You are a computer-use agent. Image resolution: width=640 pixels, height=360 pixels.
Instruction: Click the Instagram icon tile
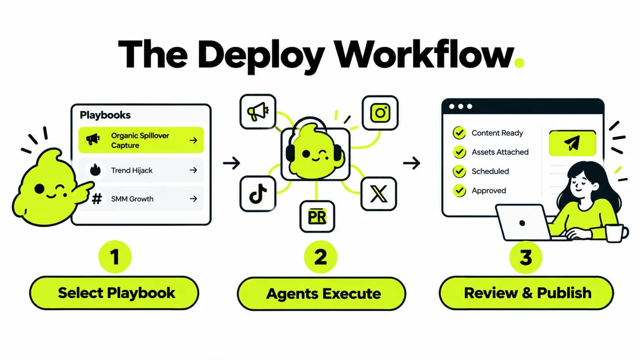380,113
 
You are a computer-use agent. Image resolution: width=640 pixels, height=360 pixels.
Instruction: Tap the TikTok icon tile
258,194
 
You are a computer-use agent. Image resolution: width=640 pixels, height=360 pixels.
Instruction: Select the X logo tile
378,194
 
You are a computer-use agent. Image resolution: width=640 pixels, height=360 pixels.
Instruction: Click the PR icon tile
317,216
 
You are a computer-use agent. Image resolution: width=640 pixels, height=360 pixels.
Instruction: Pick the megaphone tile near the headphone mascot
258,112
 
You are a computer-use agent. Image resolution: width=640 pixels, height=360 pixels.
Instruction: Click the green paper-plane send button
572,143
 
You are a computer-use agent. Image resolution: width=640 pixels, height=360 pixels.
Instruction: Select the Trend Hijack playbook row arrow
194,170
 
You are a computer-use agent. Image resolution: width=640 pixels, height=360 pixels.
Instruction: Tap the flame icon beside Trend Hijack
95,170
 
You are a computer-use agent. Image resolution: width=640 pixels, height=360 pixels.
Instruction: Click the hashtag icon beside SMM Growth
97,198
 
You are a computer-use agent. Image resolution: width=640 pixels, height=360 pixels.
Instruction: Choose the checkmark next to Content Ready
460,133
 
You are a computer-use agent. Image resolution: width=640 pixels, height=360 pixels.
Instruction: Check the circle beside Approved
460,190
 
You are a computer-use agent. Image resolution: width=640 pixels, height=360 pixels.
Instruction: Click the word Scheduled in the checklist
490,171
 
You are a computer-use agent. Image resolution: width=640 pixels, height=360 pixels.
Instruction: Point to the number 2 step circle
320,257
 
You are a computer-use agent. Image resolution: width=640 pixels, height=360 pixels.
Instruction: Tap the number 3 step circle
526,257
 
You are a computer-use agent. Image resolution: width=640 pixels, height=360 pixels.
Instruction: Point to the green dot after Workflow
519,62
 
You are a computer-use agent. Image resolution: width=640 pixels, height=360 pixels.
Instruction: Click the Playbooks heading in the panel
105,115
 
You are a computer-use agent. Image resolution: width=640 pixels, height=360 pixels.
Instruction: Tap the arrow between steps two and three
412,163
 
